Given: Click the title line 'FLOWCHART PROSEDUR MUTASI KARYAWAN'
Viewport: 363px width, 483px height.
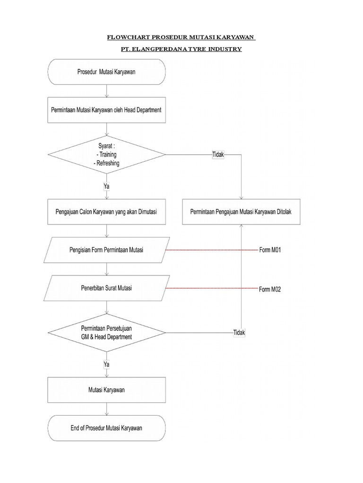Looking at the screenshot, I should point(181,37).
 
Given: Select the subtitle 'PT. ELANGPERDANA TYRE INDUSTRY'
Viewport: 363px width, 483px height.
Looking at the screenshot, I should point(181,49).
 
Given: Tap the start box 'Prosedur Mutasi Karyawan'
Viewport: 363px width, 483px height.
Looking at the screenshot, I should point(107,72).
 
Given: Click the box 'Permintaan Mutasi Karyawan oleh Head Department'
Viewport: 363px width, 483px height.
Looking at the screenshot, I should point(107,110).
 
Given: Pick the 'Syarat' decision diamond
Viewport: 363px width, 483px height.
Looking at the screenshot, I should point(107,155).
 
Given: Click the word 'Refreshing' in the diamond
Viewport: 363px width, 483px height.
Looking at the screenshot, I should point(107,163).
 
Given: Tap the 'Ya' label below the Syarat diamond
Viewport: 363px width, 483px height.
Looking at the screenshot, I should point(107,186).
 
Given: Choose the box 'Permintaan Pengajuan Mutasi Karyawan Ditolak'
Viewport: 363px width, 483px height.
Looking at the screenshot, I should point(241,212).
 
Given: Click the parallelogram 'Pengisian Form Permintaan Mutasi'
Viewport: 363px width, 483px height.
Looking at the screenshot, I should point(107,250).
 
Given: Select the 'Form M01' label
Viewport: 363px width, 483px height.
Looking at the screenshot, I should point(270,250).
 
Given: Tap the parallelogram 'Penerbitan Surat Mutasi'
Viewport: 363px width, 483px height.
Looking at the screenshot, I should point(107,288).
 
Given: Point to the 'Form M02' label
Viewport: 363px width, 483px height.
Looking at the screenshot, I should point(270,290).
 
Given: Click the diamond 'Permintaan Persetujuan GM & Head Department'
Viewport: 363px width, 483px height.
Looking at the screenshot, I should point(107,333).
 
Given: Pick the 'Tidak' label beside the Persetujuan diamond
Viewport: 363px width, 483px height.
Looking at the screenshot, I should point(239,333).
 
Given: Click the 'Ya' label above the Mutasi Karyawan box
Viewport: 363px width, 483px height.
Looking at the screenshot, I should point(107,364).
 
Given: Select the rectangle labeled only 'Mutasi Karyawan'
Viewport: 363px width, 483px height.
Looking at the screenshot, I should point(107,390).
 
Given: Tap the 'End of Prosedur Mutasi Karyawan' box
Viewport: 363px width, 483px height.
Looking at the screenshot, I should point(107,428).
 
